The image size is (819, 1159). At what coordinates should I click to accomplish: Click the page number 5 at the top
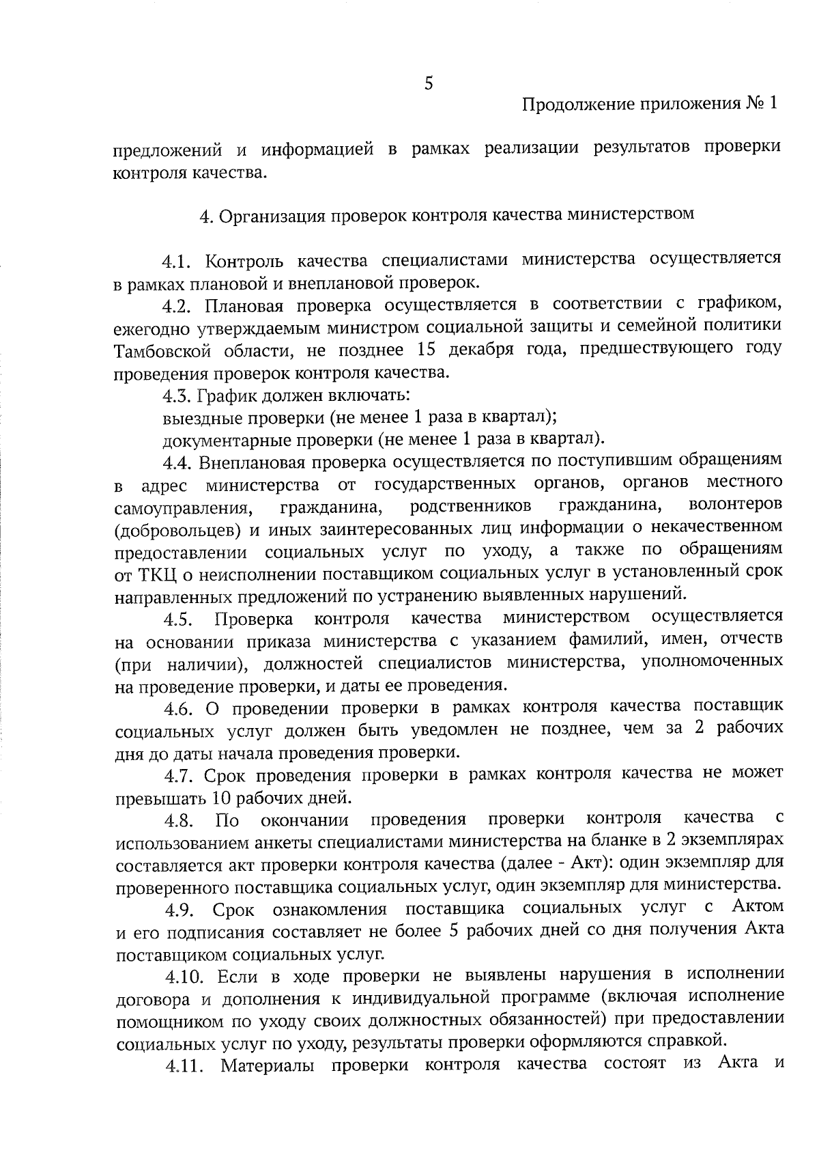pos(428,83)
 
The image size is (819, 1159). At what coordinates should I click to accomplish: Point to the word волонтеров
pos(736,506)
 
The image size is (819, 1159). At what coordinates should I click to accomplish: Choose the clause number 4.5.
pos(179,619)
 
